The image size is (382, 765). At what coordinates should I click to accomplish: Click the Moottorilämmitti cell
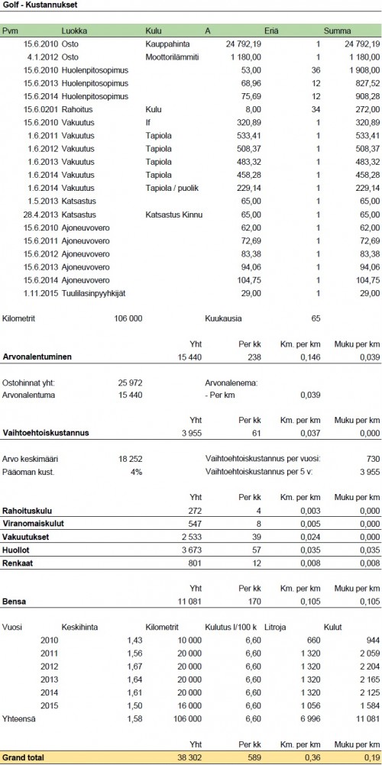pos(173,56)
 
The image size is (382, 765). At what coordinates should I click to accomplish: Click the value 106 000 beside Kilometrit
pos(127,317)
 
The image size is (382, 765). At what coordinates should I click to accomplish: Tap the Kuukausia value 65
pos(316,317)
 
